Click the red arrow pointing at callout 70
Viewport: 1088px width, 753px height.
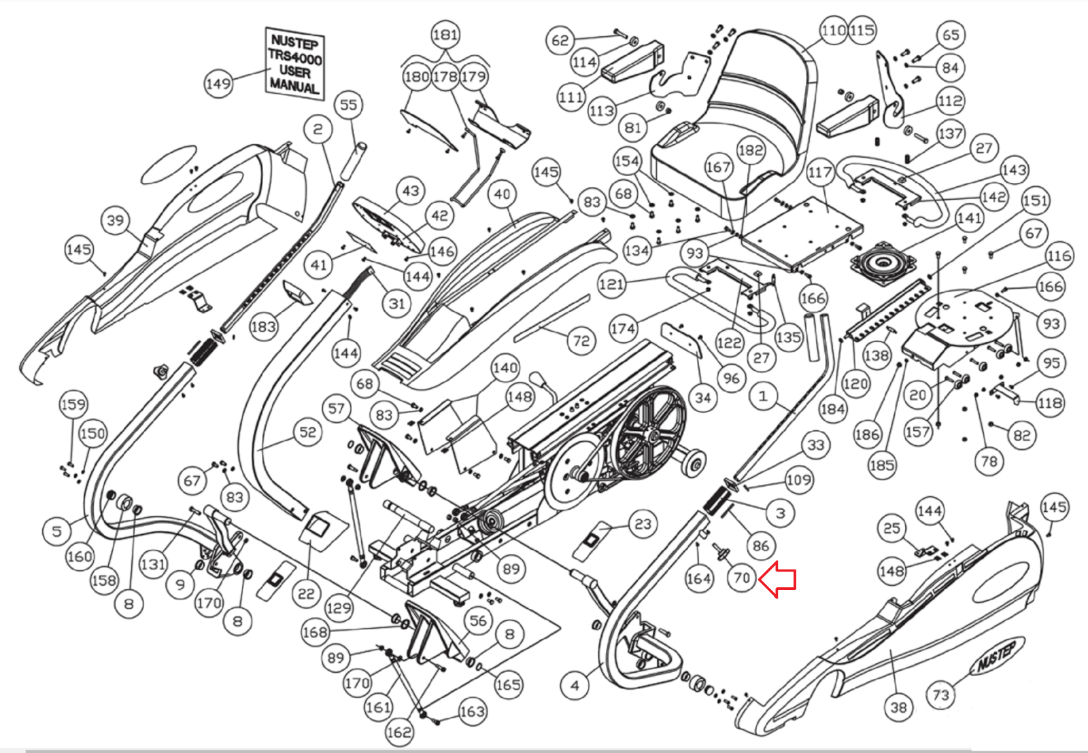[777, 580]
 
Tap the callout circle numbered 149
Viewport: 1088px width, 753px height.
[218, 84]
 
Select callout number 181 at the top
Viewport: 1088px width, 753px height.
[445, 35]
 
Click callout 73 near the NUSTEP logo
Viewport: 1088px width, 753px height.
[940, 695]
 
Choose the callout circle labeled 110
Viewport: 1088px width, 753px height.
[834, 31]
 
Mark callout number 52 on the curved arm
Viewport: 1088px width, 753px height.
[307, 432]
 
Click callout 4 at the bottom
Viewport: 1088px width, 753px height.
[575, 685]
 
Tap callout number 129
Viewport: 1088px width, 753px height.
[339, 607]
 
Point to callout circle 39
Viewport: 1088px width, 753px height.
[116, 220]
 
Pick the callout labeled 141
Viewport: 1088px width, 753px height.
[969, 218]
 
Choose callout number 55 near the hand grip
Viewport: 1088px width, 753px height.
[348, 105]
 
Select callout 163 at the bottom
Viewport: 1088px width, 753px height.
[472, 712]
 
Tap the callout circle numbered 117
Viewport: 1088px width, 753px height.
[820, 173]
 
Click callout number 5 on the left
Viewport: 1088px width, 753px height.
[57, 531]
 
